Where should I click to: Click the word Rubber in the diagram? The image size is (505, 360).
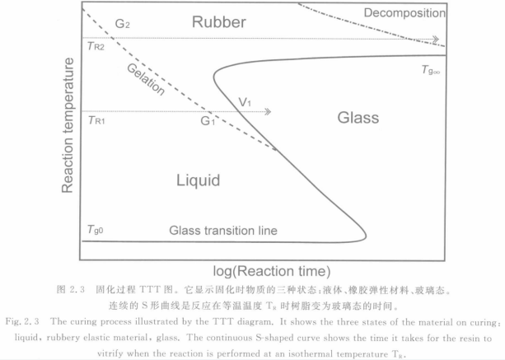[x=218, y=22]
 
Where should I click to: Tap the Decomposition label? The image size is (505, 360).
[x=404, y=13]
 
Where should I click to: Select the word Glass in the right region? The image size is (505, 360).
[x=358, y=118]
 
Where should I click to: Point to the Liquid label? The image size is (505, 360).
[x=198, y=180]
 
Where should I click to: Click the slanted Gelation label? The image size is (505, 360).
[x=146, y=79]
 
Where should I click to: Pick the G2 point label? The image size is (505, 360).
[x=123, y=24]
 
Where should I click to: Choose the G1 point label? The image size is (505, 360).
[x=208, y=121]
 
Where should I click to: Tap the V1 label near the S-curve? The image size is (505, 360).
[x=245, y=102]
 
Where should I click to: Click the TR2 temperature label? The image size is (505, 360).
[x=96, y=46]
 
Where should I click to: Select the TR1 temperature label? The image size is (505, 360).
[x=96, y=120]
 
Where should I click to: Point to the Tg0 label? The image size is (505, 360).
[x=96, y=230]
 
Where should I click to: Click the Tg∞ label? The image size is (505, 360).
[x=431, y=70]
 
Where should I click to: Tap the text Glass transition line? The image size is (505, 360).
[x=223, y=231]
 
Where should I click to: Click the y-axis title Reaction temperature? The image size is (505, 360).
[x=68, y=125]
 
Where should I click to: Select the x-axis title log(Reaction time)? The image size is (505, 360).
[x=272, y=271]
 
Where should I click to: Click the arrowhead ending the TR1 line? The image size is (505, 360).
[x=268, y=112]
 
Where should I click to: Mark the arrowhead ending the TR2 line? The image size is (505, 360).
[x=436, y=40]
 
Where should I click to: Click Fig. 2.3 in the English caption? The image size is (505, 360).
[x=22, y=321]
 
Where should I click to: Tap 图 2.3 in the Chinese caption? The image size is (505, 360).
[x=71, y=289]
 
